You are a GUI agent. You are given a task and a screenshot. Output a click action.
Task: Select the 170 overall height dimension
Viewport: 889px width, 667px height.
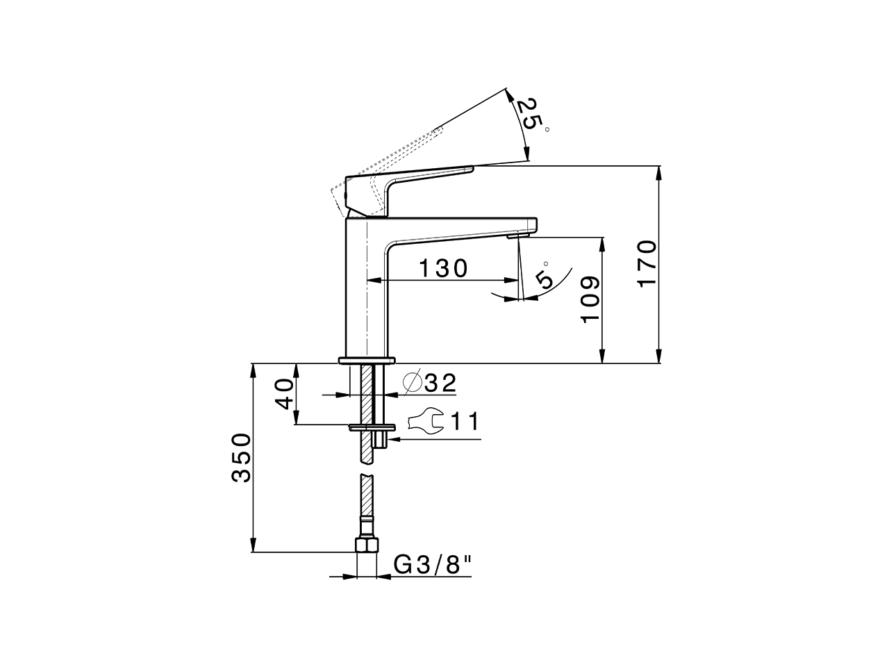tap(647, 264)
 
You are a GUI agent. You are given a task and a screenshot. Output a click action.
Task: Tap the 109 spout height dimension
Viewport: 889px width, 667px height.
tap(590, 299)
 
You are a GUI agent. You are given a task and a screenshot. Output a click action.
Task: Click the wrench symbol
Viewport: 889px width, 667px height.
tap(424, 421)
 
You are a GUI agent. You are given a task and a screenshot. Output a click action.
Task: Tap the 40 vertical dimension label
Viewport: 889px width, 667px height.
tap(284, 394)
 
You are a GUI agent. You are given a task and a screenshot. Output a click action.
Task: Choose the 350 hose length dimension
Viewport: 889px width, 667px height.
tap(241, 457)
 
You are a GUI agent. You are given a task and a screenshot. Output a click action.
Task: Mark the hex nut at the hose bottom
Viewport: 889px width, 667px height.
tap(365, 544)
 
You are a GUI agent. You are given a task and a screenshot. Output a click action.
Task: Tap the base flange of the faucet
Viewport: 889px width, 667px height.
tap(366, 360)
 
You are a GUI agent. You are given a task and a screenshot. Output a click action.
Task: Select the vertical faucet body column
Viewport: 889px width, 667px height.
tap(365, 292)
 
